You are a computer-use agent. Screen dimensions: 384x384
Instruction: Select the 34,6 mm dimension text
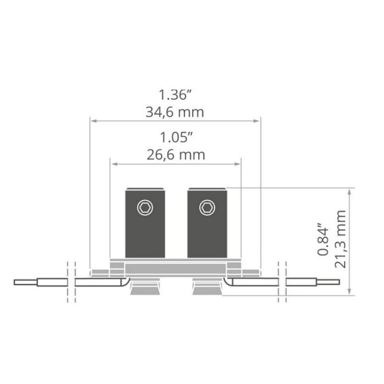175,112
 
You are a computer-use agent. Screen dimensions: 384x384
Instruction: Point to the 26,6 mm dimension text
175,154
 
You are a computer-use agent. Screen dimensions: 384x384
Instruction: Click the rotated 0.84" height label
322,239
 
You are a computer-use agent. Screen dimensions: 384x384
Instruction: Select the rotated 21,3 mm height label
339,239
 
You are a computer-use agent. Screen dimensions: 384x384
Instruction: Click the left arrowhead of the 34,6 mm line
93,121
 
